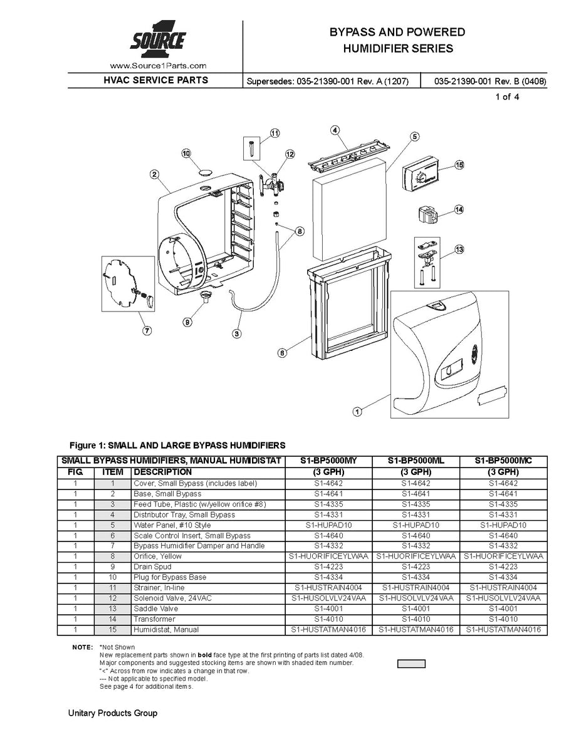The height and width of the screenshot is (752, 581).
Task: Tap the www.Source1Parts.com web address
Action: click(158, 65)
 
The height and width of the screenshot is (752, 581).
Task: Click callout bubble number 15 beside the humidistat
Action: click(459, 165)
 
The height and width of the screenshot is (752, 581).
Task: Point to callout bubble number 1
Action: click(357, 412)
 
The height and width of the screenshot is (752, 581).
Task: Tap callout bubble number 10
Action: click(186, 153)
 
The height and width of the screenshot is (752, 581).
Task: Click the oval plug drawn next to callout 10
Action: click(206, 170)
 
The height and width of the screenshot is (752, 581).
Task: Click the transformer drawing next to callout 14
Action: click(426, 215)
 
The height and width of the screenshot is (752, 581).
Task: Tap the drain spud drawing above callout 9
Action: click(205, 295)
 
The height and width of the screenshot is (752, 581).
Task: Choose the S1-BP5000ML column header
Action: click(416, 461)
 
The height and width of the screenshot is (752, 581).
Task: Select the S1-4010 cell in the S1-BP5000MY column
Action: click(328, 619)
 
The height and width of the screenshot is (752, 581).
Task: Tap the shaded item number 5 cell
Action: click(112, 525)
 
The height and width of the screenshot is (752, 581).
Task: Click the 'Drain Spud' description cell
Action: click(152, 567)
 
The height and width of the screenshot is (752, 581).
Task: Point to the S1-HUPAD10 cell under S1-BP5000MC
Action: click(503, 525)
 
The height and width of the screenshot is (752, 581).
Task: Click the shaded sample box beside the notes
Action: click(411, 664)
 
